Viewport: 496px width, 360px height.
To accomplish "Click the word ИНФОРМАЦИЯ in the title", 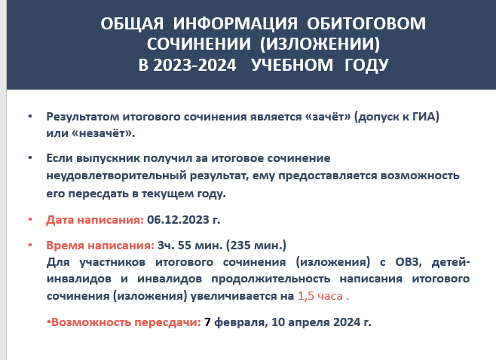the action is [235, 23].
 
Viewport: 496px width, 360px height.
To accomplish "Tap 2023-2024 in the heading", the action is [194, 66].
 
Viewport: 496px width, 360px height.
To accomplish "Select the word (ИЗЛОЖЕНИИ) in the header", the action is [320, 44].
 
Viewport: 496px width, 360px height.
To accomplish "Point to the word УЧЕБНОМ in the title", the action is [292, 65].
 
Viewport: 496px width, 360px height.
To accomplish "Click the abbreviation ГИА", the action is [424, 117].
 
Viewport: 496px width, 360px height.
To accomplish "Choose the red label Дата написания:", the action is [95, 220].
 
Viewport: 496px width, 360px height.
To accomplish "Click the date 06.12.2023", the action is [178, 220].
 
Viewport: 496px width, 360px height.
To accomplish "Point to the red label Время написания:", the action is [100, 246].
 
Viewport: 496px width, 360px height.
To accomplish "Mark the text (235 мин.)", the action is [256, 246].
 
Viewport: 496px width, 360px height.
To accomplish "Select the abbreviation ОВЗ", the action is [409, 262].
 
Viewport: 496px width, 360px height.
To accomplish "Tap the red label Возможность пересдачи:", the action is [126, 322].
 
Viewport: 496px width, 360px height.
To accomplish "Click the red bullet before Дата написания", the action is [30, 219].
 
